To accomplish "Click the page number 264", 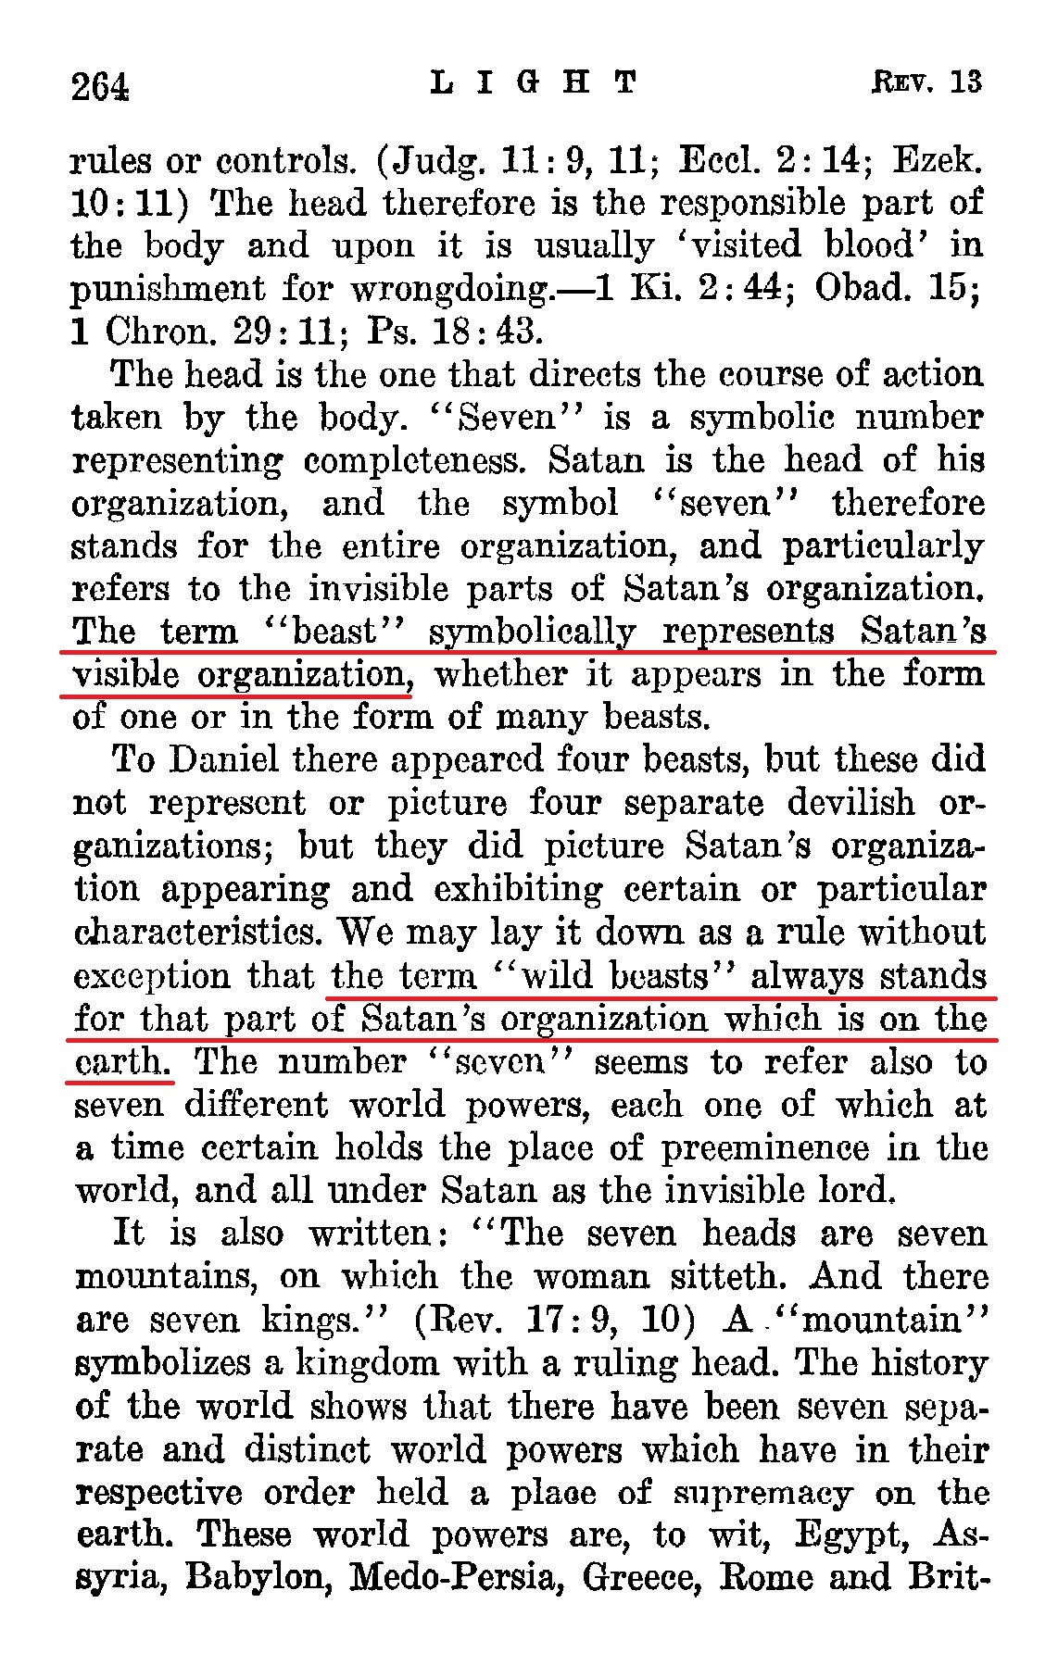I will [99, 86].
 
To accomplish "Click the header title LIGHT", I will [535, 83].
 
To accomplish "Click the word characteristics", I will [199, 932].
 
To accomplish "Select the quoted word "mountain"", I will [882, 1320].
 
